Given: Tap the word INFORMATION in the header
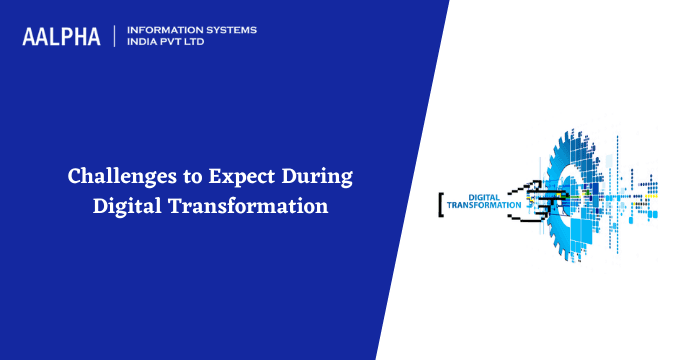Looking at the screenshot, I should (x=162, y=30).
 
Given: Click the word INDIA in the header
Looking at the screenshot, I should (x=145, y=43).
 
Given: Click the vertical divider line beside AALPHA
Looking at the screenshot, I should (x=115, y=36).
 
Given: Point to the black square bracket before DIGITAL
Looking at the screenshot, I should (x=440, y=201).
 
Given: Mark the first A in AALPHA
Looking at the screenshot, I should (x=30, y=36).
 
